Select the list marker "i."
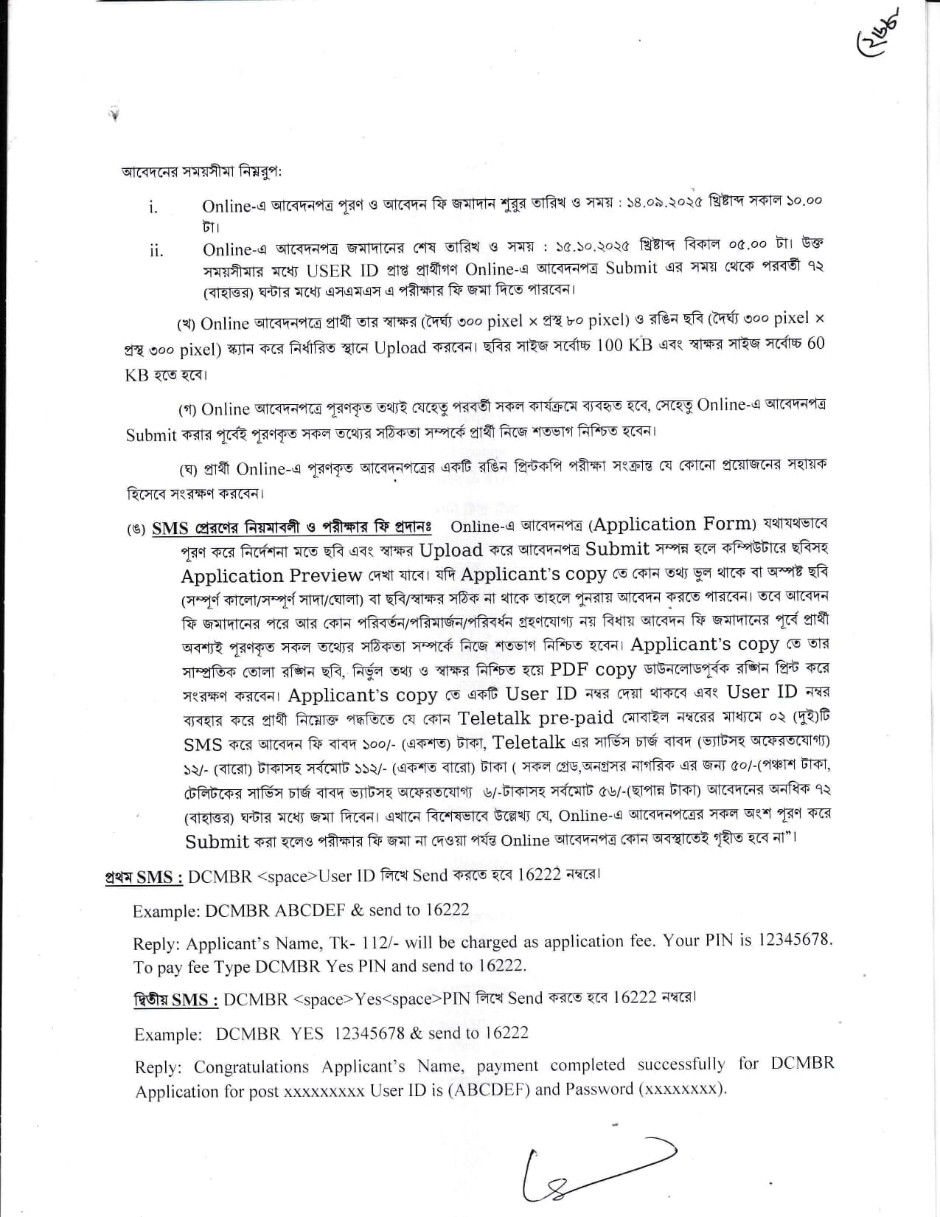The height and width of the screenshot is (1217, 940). tap(153, 207)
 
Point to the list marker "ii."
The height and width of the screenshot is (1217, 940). tap(156, 251)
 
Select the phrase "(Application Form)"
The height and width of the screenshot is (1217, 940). tap(672, 524)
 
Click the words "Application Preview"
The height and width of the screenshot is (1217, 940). tap(271, 575)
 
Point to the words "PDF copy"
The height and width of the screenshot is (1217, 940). tap(593, 669)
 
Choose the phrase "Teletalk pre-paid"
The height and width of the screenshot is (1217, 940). tap(535, 718)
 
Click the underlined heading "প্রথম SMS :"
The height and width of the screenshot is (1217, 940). tap(144, 877)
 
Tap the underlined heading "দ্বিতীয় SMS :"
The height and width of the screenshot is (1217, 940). tap(175, 1000)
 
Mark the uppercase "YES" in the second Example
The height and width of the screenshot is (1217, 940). tap(307, 1033)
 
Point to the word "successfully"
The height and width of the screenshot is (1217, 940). tap(681, 1064)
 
